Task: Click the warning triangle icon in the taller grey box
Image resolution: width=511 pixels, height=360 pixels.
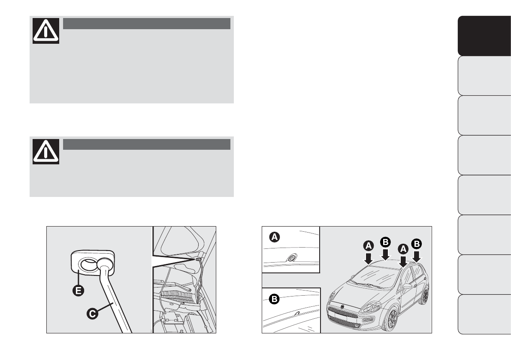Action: point(46,30)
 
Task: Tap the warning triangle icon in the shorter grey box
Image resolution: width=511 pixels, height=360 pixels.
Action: point(46,151)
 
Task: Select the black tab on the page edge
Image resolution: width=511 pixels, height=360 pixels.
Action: point(484,36)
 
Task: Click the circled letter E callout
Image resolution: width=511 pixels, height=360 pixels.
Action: point(78,290)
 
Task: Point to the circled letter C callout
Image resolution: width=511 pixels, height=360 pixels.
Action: point(93,314)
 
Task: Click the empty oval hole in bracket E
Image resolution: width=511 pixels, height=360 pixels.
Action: point(88,263)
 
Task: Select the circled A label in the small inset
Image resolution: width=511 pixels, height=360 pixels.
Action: point(275,237)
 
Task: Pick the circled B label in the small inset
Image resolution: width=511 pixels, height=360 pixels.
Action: point(274,299)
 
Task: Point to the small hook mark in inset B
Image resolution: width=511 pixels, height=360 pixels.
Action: point(297,313)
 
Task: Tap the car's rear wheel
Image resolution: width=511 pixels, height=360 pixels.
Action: point(424,294)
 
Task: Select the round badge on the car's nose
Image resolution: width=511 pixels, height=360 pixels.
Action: point(342,307)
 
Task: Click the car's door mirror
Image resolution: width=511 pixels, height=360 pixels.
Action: point(407,286)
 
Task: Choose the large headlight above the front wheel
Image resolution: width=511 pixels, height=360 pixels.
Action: point(370,307)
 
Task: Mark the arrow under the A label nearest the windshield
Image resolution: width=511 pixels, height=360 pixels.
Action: point(369,258)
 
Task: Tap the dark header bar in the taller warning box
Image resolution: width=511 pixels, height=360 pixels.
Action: point(147,24)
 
